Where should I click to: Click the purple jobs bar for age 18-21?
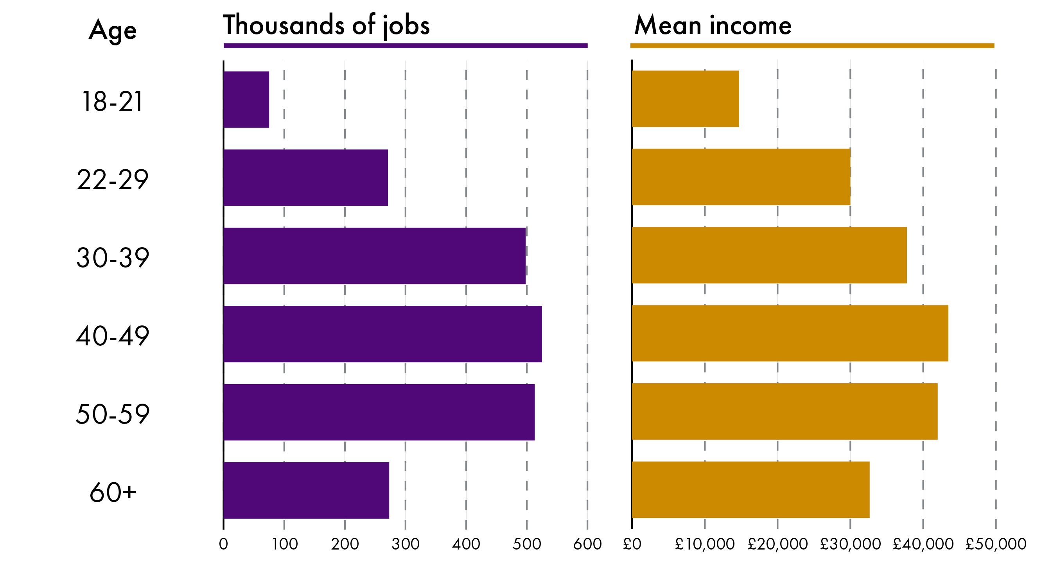click(246, 100)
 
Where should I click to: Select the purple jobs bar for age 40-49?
click(382, 334)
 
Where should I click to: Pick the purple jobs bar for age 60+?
click(306, 490)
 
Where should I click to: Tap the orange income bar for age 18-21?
click(685, 99)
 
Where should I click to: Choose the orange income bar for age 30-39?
click(769, 255)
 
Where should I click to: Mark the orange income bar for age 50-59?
click(784, 411)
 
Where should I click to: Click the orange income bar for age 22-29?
click(741, 177)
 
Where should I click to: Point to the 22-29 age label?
click(113, 180)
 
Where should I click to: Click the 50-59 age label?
click(113, 414)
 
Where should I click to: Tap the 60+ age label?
click(113, 492)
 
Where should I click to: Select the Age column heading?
click(113, 31)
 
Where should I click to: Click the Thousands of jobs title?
click(326, 25)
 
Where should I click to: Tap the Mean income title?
click(713, 25)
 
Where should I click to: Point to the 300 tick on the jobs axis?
click(405, 544)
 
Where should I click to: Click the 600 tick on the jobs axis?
click(587, 544)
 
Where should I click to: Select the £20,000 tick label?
click(777, 544)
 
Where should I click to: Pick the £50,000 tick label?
click(996, 544)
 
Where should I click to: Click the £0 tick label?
click(632, 544)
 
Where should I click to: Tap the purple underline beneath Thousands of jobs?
click(405, 46)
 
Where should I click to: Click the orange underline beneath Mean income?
click(812, 46)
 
